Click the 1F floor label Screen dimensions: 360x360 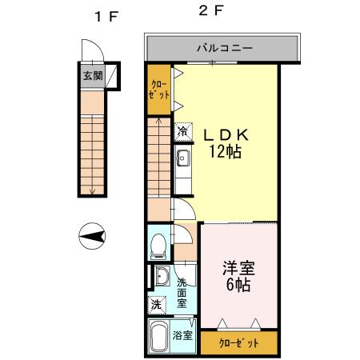[x=102, y=16]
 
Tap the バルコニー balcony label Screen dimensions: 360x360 [x=225, y=48]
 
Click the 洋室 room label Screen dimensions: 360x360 [x=239, y=268]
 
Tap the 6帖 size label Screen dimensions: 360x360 [x=239, y=285]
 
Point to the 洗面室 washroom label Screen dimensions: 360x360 [x=183, y=292]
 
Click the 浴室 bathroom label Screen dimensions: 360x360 [x=182, y=336]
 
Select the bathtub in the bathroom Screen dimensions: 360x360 [x=158, y=337]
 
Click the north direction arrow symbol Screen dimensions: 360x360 [x=94, y=236]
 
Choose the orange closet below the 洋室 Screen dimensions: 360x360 [x=239, y=342]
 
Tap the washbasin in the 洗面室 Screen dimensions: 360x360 [x=161, y=278]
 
